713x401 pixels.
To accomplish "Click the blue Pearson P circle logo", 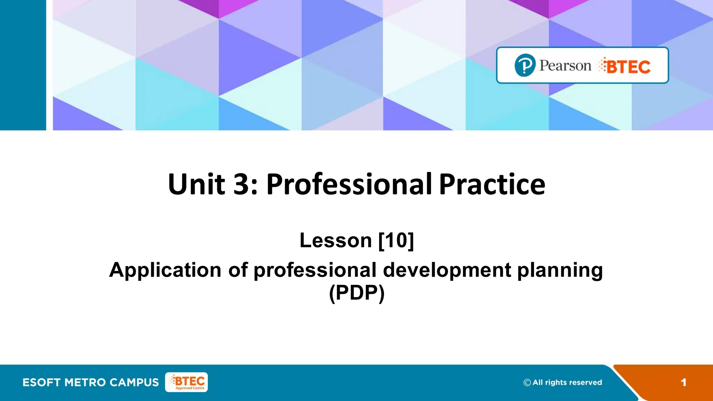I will pyautogui.click(x=525, y=65).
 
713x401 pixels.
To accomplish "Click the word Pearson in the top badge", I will pyautogui.click(x=565, y=65).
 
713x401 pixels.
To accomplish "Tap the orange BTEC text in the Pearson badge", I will pyautogui.click(x=628, y=66).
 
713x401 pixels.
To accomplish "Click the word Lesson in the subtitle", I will pyautogui.click(x=336, y=240).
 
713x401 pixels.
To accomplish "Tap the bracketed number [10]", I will pyautogui.click(x=396, y=240).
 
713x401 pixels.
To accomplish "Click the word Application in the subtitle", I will pyautogui.click(x=165, y=270).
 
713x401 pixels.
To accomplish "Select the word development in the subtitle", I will pyautogui.click(x=447, y=270).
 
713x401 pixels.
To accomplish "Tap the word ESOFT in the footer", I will pyautogui.click(x=41, y=382).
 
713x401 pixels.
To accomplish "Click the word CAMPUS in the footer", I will pyautogui.click(x=134, y=382).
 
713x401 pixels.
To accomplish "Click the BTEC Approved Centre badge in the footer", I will pyautogui.click(x=187, y=382).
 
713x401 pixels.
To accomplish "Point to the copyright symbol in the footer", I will pyautogui.click(x=527, y=383).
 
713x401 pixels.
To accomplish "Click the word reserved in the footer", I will pyautogui.click(x=586, y=382).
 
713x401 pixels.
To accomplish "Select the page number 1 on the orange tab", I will pyautogui.click(x=683, y=383).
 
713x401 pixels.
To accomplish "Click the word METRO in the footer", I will pyautogui.click(x=85, y=382).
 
